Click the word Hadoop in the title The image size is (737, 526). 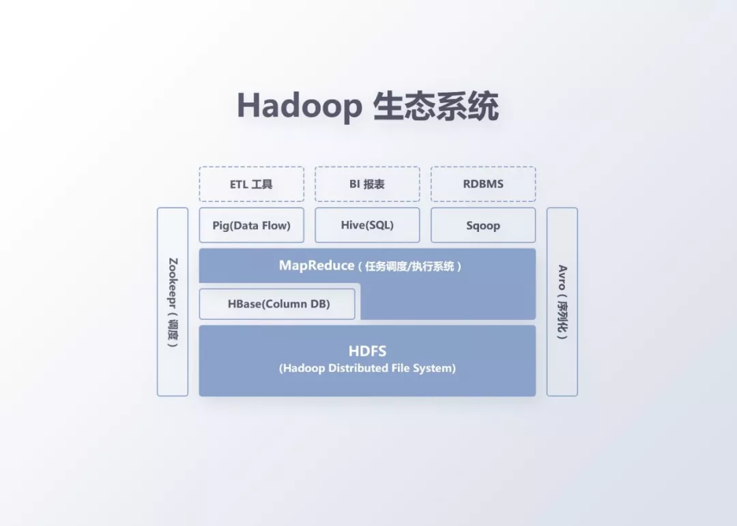[x=299, y=106]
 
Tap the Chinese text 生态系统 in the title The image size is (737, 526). [x=436, y=106]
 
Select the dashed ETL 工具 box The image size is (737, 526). [x=251, y=184]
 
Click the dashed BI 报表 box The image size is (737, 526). [x=367, y=184]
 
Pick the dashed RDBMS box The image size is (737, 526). [x=483, y=184]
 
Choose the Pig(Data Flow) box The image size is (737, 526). [x=251, y=225]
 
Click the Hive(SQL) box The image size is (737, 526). [x=367, y=225]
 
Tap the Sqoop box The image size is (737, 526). [x=483, y=225]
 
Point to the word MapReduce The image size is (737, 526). [x=316, y=265]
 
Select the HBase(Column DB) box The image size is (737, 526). [x=277, y=304]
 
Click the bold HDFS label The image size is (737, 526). [x=367, y=351]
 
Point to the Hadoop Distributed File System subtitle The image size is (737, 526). [x=367, y=368]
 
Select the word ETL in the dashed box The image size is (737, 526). [x=239, y=184]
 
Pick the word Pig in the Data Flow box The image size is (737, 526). [x=220, y=225]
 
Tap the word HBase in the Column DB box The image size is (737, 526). [x=244, y=304]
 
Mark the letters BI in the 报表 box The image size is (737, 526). [x=354, y=184]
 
